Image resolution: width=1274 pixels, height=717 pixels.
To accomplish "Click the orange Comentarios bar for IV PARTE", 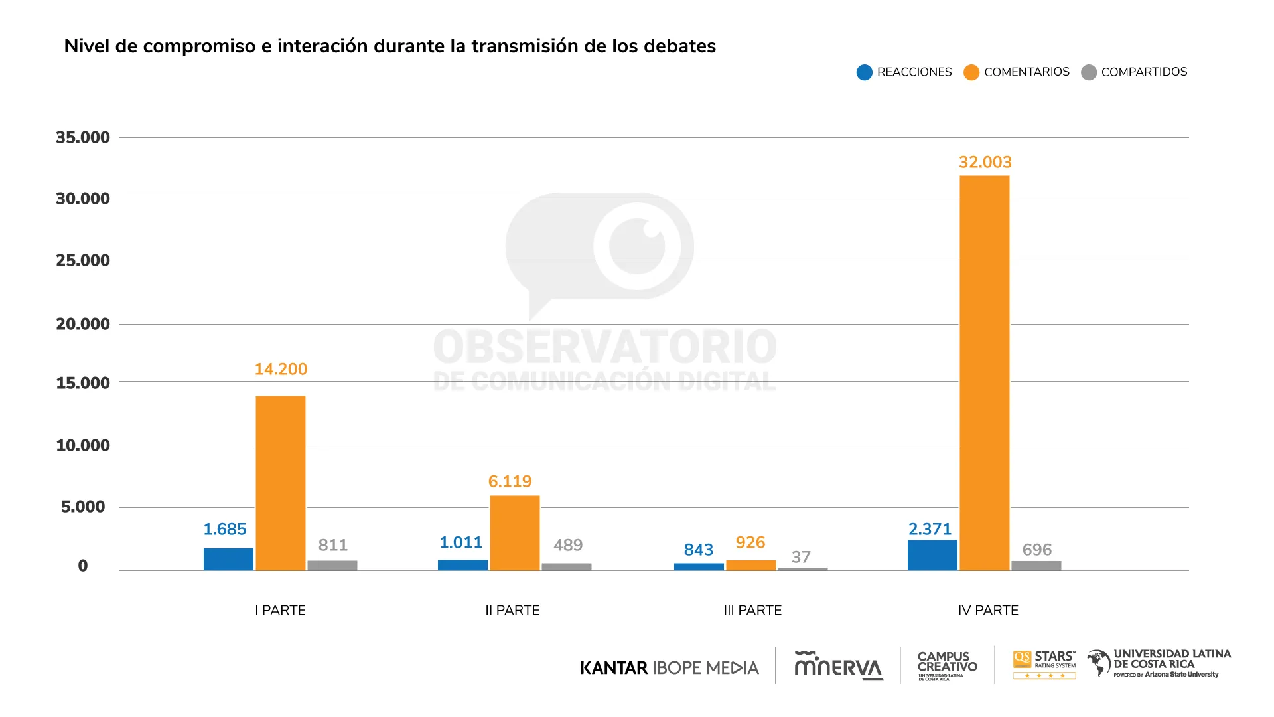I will coord(984,372).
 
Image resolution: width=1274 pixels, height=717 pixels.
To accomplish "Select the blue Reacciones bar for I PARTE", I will coord(228,559).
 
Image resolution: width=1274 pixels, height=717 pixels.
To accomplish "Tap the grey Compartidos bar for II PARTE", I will coord(566,566).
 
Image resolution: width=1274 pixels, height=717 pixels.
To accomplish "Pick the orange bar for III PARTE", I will coord(750,565).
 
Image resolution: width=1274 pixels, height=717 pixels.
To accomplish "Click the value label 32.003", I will coord(985,162).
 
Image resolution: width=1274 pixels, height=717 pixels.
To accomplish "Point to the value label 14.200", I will coord(281,369).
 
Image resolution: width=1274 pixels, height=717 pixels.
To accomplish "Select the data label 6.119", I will coord(510,481).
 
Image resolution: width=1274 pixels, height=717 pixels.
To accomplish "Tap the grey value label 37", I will coord(801,557).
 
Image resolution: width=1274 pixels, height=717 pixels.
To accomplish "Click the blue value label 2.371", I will coord(930,529).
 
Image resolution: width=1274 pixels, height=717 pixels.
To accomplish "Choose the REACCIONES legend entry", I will coord(904,72).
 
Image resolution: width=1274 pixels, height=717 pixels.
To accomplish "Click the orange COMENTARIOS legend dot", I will coord(971,72).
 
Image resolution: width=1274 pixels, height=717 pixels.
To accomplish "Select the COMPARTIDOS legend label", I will coord(1144,72).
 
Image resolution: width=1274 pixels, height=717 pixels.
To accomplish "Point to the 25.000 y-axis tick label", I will coord(83,260).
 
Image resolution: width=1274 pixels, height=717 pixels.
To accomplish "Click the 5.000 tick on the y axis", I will coord(83,507).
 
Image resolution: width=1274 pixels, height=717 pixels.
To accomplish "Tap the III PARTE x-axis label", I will coord(752,610).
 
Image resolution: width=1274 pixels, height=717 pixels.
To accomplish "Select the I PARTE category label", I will coord(280,610).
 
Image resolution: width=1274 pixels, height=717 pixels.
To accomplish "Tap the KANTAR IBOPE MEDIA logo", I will coord(669,667).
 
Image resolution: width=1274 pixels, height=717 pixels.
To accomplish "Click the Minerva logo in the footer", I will coord(838,666).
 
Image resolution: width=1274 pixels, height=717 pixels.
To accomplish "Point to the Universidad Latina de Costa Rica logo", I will coord(1159,663).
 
